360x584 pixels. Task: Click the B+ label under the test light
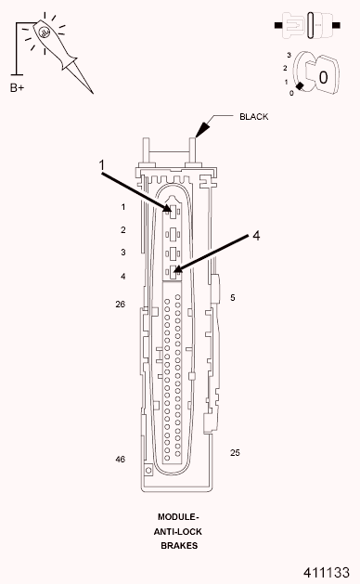pos(17,88)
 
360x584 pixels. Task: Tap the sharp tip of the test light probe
pos(93,94)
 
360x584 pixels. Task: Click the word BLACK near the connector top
pos(254,117)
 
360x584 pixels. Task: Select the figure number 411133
pos(326,573)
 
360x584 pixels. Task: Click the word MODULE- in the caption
pos(178,517)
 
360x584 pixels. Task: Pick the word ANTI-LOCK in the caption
pos(178,531)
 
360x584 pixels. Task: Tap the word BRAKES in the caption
pos(179,546)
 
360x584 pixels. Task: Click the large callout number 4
pos(256,236)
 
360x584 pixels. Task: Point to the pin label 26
pos(121,305)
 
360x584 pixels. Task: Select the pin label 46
pos(121,460)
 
